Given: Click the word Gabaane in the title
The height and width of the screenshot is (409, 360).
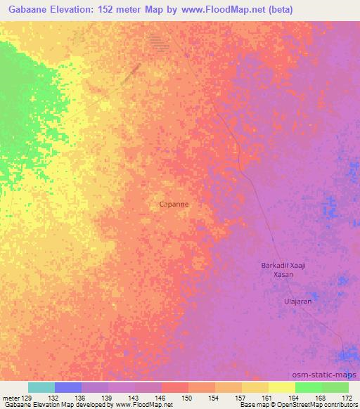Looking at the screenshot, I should tap(30, 10).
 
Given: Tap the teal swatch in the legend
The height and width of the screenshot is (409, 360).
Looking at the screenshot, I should tap(41, 387).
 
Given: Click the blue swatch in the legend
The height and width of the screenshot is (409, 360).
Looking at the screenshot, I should tap(68, 387).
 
